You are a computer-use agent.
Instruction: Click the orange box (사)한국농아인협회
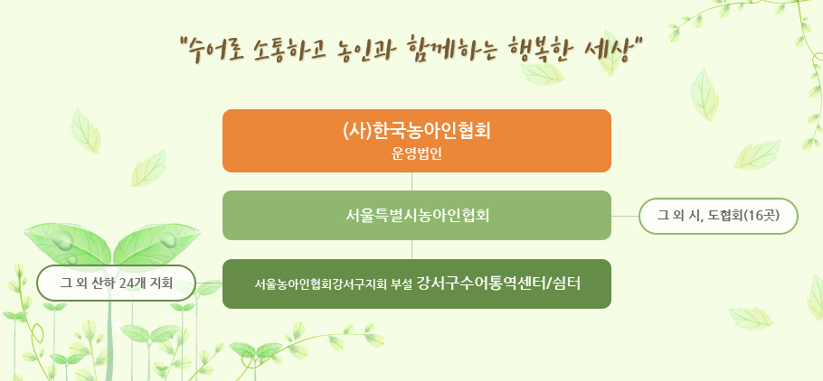[417, 141]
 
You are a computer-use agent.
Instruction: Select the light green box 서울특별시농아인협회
[417, 216]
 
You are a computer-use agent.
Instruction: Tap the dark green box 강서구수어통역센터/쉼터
[417, 283]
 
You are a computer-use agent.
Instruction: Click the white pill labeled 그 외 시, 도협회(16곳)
[718, 216]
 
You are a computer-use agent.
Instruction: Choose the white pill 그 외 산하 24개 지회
[116, 283]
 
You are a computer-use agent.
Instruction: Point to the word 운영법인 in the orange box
[417, 155]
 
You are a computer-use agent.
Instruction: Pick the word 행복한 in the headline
[539, 51]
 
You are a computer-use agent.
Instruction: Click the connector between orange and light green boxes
[412, 181]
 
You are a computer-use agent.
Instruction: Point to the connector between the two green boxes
[412, 249]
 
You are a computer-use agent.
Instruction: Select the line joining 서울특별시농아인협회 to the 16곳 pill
[625, 216]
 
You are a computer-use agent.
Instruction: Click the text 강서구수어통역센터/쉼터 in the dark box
[498, 283]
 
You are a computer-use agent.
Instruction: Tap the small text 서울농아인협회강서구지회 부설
[334, 284]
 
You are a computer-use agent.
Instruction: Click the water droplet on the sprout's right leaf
[169, 240]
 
